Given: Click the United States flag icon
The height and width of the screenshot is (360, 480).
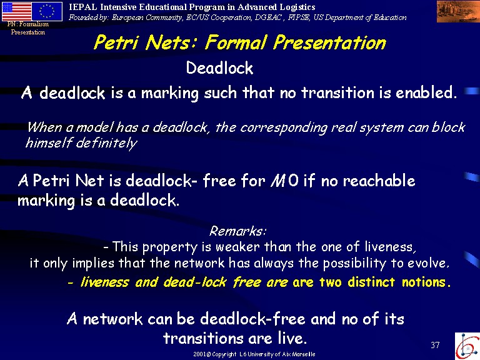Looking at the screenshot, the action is pyautogui.click(x=17, y=11).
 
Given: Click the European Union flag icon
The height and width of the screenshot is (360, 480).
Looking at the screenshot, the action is pyautogui.click(x=47, y=11).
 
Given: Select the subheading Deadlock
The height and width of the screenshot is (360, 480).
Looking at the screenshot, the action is pyautogui.click(x=219, y=67).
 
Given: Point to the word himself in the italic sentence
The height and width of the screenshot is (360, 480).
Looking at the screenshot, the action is pyautogui.click(x=49, y=142).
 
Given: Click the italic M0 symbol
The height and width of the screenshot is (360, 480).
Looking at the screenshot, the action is pyautogui.click(x=284, y=180).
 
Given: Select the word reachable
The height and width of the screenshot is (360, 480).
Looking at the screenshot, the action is pyautogui.click(x=379, y=180).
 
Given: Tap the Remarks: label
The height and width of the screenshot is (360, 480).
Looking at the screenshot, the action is pyautogui.click(x=238, y=231).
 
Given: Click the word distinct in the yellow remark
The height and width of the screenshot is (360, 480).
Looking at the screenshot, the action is pyautogui.click(x=371, y=282).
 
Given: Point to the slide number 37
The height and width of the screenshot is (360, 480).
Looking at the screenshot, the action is pyautogui.click(x=435, y=345).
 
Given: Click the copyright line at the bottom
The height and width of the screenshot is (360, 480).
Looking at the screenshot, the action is pyautogui.click(x=254, y=354).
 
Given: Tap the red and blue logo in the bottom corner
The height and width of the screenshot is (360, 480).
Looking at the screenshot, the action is pyautogui.click(x=467, y=346).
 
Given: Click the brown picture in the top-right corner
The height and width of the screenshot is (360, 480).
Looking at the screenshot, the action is pyautogui.click(x=458, y=12).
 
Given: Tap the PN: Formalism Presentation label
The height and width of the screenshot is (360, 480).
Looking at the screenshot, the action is pyautogui.click(x=28, y=28).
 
